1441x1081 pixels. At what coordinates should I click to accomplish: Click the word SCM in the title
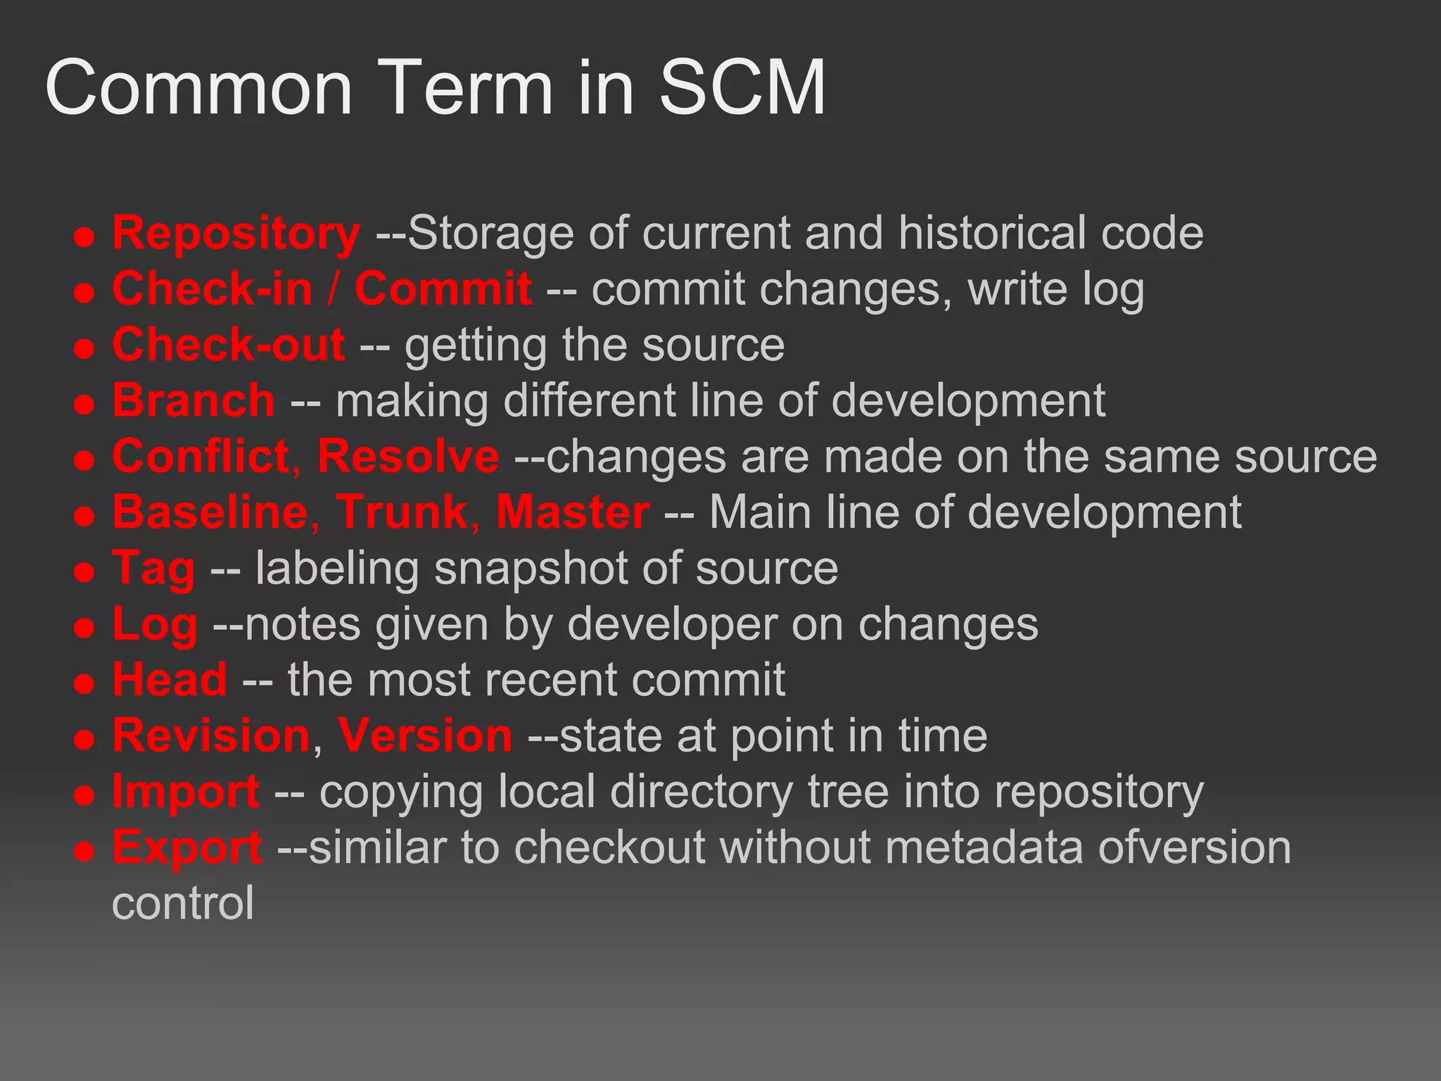click(x=742, y=88)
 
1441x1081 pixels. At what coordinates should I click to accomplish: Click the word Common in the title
click(x=198, y=88)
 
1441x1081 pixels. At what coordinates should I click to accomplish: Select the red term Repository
click(x=236, y=233)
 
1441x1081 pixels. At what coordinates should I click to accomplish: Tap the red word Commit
click(x=443, y=289)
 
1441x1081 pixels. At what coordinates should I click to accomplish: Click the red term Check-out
click(x=229, y=344)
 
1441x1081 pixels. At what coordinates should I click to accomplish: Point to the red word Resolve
click(x=408, y=456)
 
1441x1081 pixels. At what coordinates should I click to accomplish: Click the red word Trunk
click(x=402, y=512)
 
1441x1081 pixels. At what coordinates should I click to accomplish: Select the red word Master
click(x=573, y=512)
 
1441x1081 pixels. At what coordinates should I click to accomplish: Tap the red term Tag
click(x=153, y=569)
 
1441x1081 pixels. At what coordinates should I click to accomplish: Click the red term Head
click(x=170, y=679)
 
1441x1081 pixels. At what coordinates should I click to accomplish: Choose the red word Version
click(x=425, y=735)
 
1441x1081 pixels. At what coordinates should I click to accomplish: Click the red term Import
click(x=186, y=792)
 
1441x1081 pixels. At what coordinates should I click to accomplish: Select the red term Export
click(x=187, y=847)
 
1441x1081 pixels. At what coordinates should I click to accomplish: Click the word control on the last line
click(x=183, y=903)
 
